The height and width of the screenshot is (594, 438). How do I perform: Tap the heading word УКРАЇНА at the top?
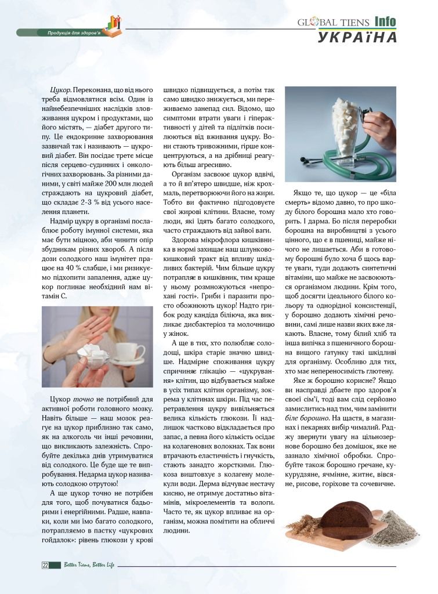point(357,38)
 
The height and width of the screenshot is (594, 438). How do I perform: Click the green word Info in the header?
point(385,21)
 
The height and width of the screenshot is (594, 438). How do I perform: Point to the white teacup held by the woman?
point(130,352)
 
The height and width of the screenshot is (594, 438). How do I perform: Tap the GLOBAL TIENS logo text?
point(332,22)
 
